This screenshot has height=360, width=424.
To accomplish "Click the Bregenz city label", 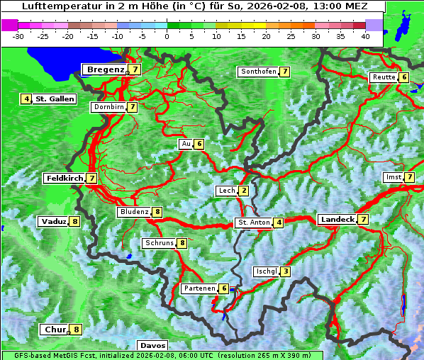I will pyautogui.click(x=105, y=69).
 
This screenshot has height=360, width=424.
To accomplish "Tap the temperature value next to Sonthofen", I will pyautogui.click(x=284, y=72).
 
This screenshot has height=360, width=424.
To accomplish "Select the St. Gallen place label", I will pyautogui.click(x=55, y=99).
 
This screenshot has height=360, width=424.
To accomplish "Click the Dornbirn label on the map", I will pyautogui.click(x=108, y=107).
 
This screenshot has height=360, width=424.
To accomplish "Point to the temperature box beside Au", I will pyautogui.click(x=199, y=144).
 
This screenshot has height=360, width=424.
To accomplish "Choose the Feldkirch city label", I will pyautogui.click(x=64, y=179).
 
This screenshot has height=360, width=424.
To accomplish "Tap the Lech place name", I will pyautogui.click(x=226, y=191).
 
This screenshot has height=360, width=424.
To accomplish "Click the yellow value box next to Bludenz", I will pyautogui.click(x=157, y=212).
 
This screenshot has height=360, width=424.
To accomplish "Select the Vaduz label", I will pyautogui.click(x=53, y=221).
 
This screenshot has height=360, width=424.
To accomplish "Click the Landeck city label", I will pyautogui.click(x=337, y=220).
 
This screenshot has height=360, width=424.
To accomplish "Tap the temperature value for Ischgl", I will pyautogui.click(x=285, y=271).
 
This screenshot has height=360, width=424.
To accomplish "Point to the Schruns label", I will pyautogui.click(x=159, y=244).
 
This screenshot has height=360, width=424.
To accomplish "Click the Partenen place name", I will pyautogui.click(x=199, y=288).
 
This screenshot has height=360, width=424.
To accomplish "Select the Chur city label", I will pyautogui.click(x=54, y=330).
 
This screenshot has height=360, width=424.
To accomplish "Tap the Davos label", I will pyautogui.click(x=153, y=345).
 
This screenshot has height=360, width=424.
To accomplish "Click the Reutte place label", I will pyautogui.click(x=384, y=77).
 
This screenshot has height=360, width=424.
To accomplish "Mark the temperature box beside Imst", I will pyautogui.click(x=409, y=176).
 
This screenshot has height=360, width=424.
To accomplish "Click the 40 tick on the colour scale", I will pyautogui.click(x=365, y=35).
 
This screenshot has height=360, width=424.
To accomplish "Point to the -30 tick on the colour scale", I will pyautogui.click(x=19, y=35).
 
